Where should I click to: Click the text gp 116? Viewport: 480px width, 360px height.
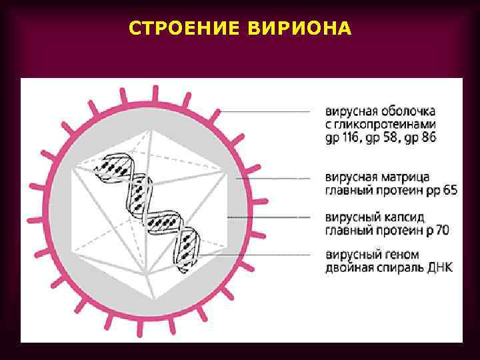347,138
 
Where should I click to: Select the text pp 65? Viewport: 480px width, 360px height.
441,191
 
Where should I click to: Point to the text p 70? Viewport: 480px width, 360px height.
435,231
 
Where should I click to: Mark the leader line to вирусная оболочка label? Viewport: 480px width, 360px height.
267,111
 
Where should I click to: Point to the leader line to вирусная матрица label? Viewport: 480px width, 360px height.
273,178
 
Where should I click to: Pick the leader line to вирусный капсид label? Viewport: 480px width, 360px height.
267,217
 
